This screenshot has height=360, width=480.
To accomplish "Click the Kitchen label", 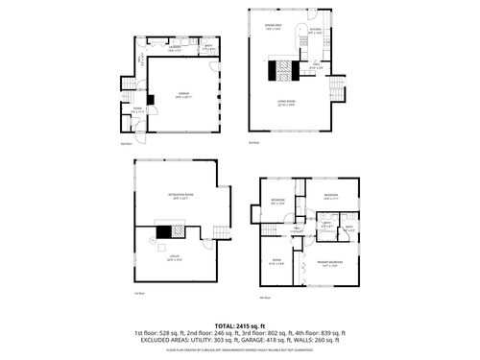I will point(314,32).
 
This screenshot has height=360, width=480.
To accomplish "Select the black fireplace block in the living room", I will point(279,71).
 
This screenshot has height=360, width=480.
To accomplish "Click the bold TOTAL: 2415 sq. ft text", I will point(239,326).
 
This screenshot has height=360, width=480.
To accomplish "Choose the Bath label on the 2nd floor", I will point(207,48).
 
